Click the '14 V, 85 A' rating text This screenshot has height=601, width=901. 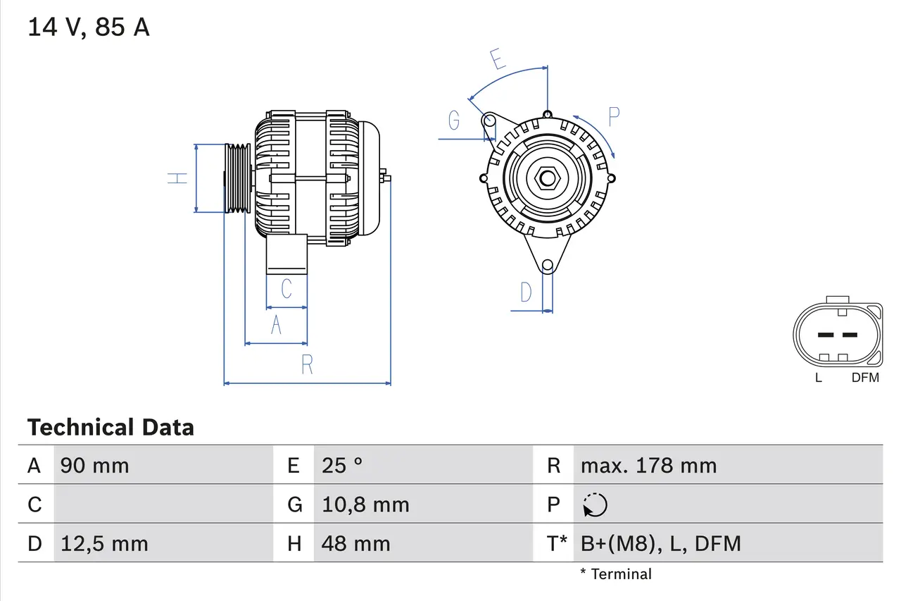click(89, 27)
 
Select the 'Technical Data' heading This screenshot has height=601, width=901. click(111, 428)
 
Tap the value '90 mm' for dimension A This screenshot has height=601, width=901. click(95, 466)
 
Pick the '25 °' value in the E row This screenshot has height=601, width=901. click(342, 466)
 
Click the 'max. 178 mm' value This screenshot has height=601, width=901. click(648, 466)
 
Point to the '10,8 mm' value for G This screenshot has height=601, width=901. click(365, 504)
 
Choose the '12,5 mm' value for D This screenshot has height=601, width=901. click(104, 544)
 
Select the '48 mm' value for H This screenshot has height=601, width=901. click(355, 544)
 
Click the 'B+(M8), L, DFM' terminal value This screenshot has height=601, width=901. click(660, 544)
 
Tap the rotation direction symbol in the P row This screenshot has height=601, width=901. click(595, 505)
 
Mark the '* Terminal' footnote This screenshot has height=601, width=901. click(616, 574)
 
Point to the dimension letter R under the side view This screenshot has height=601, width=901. click(307, 365)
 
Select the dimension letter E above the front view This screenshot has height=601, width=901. click(498, 59)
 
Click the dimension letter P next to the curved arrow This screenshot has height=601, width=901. click(614, 117)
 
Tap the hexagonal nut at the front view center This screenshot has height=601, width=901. click(547, 178)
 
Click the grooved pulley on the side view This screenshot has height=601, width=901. click(237, 178)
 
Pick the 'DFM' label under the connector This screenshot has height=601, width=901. click(865, 378)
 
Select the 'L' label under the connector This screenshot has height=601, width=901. click(818, 378)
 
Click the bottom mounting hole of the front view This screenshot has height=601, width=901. click(547, 265)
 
